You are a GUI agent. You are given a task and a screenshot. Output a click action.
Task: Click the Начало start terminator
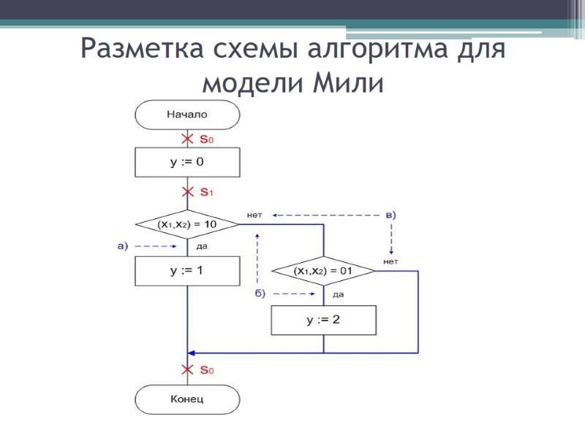coord(187,115)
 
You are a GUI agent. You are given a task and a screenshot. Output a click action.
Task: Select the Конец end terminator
coord(187,399)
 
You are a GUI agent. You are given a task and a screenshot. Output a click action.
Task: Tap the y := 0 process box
coord(187,162)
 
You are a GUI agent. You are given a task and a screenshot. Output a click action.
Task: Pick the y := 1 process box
coord(187,270)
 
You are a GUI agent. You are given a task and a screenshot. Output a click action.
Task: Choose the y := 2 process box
coord(323,320)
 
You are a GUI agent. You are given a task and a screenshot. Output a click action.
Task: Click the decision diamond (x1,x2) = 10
coord(187,224)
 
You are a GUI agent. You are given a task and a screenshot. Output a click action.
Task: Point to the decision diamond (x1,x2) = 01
coord(323,271)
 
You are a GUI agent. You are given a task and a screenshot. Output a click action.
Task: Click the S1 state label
coord(206,193)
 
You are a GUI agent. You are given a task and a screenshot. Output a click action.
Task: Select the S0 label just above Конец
coord(206,371)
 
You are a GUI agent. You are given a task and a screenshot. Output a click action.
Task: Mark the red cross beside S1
coord(187,193)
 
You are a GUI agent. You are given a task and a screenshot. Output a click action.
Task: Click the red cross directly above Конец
coord(187,370)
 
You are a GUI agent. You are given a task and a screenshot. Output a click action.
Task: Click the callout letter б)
coord(260,293)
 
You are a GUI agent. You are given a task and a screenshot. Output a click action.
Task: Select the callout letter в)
coord(390,215)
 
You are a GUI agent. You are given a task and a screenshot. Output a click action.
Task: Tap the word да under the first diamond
coord(202,247)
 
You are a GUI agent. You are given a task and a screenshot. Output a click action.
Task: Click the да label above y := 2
coord(338,294)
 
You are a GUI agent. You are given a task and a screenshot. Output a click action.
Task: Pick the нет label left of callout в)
coord(255,215)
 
